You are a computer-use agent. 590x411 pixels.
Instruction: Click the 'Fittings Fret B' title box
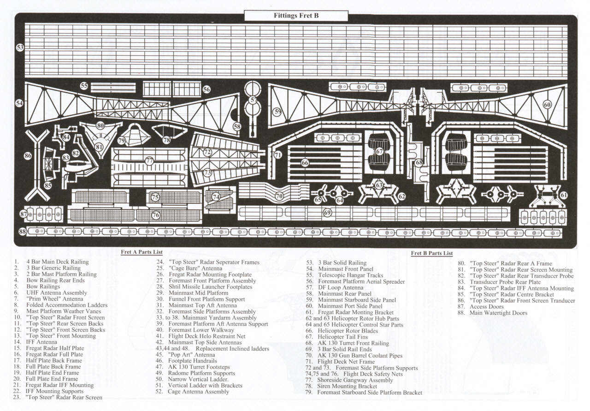click(296, 16)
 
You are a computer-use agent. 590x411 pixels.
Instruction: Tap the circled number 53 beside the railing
click(20, 48)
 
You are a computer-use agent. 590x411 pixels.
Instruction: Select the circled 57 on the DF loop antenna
click(253, 100)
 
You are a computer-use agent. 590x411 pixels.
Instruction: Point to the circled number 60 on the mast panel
click(547, 105)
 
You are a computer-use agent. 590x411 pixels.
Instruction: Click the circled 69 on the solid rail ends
click(327, 213)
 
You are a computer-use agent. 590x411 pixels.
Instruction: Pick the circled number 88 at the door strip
click(23, 232)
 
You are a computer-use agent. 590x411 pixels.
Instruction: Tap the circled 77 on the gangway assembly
click(149, 161)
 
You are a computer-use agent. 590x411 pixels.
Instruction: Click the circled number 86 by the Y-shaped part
click(28, 155)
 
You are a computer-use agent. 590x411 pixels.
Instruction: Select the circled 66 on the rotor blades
click(305, 163)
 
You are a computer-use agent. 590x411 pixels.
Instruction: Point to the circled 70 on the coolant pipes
click(279, 196)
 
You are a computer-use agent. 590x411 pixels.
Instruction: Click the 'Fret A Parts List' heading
click(142, 252)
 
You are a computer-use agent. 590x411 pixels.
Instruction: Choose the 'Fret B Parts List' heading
click(432, 253)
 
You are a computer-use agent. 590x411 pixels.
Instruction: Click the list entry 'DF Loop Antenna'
click(341, 287)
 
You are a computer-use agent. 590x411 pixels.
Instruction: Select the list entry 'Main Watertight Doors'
click(498, 313)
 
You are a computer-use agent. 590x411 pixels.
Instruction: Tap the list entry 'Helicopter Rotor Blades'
click(348, 331)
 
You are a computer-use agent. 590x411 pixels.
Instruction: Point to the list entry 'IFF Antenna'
click(41, 342)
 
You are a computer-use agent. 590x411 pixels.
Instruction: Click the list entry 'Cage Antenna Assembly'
click(198, 392)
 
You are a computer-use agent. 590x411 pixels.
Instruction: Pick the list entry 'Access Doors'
click(486, 307)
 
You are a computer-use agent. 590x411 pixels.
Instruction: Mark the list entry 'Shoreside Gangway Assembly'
click(355, 380)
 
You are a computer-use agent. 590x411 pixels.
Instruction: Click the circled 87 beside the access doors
click(24, 214)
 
